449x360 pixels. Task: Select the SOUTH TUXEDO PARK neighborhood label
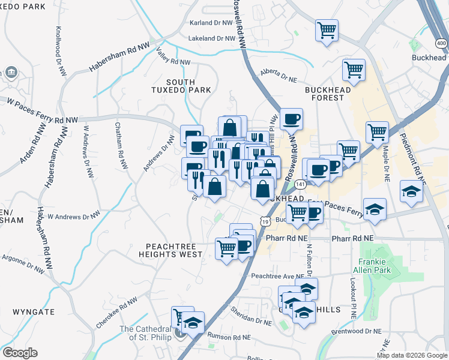click(181, 86)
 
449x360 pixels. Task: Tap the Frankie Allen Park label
click(375, 266)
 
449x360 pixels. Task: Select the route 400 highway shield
click(441, 43)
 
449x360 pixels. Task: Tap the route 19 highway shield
click(264, 221)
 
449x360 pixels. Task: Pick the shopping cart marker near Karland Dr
click(327, 29)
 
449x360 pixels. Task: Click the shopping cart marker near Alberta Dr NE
click(354, 69)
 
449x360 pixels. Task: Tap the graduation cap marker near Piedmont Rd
click(411, 192)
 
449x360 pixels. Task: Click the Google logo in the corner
click(20, 353)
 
